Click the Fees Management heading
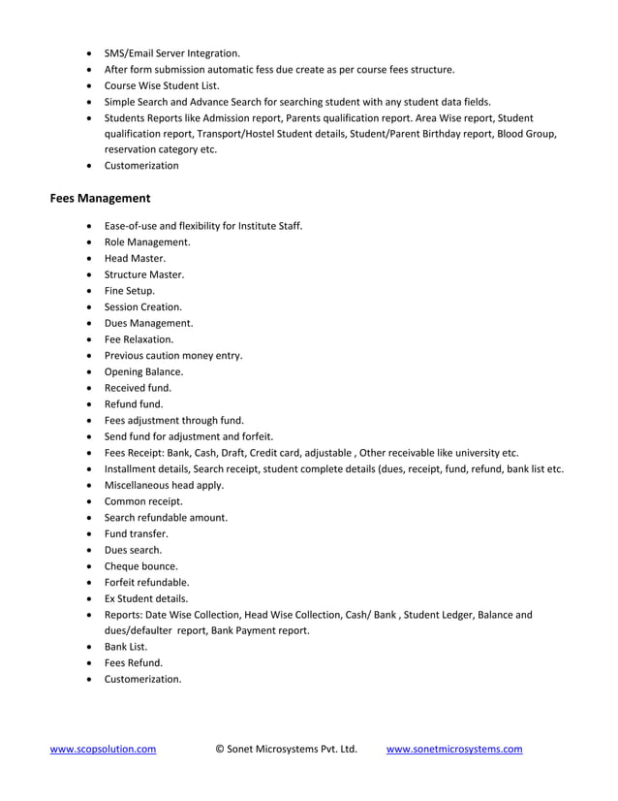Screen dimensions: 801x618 (x=100, y=199)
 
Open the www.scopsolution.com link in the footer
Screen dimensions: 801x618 (x=103, y=749)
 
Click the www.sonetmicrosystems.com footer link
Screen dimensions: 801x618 (x=454, y=749)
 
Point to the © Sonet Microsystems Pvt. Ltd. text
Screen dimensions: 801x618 (x=286, y=749)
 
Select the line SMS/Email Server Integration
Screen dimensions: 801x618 (x=171, y=53)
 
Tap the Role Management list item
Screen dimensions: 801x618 (x=147, y=241)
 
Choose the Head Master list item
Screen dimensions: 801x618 (x=135, y=258)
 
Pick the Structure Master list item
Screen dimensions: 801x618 (x=143, y=274)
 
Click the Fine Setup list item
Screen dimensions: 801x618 (x=130, y=290)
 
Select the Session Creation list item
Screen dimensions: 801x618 (x=142, y=306)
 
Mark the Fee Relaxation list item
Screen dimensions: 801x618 (x=139, y=339)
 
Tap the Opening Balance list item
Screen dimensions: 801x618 (x=143, y=371)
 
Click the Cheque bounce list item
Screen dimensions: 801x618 (x=140, y=565)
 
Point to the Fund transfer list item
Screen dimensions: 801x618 (x=136, y=533)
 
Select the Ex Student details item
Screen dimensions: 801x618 (x=146, y=598)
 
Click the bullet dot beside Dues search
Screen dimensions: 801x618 (x=90, y=550)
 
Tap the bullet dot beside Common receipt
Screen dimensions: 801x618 (x=90, y=501)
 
